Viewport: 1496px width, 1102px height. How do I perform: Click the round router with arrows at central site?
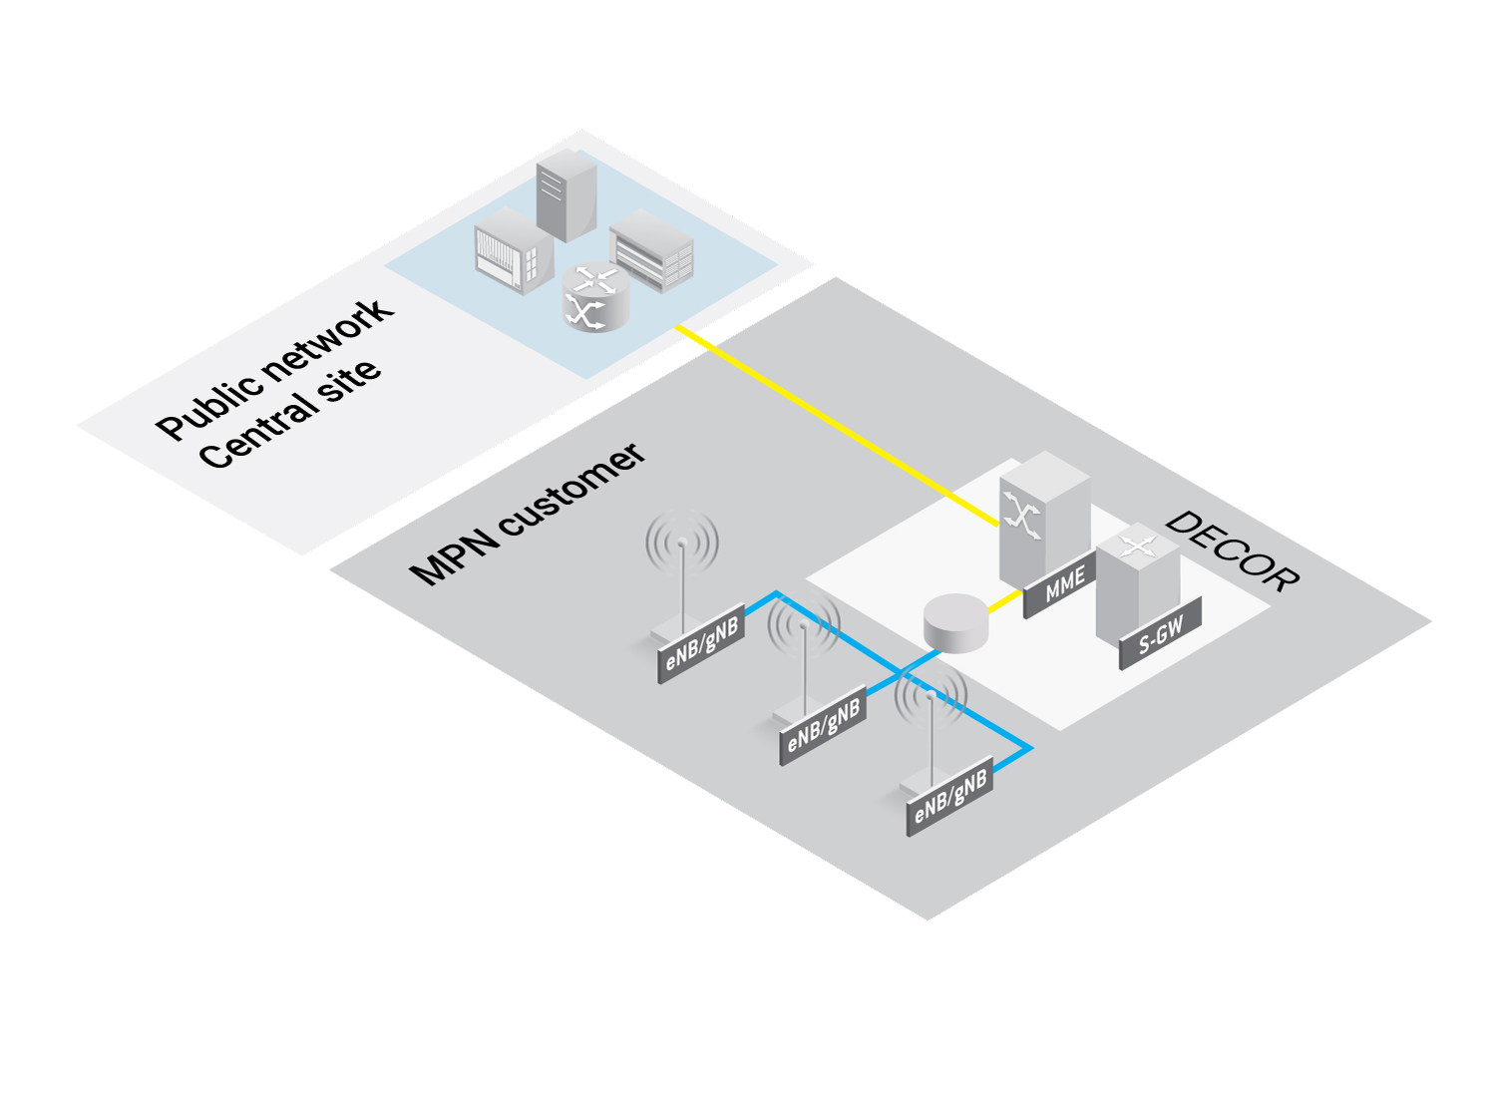[x=595, y=296]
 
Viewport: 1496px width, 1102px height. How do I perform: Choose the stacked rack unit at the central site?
[x=651, y=250]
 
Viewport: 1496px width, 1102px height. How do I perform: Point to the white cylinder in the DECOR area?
[x=955, y=622]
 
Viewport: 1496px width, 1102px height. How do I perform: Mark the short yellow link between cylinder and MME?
[x=1005, y=600]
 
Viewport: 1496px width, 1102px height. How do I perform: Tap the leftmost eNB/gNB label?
[x=701, y=644]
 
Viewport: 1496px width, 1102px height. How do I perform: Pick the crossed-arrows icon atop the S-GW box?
[x=1138, y=547]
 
